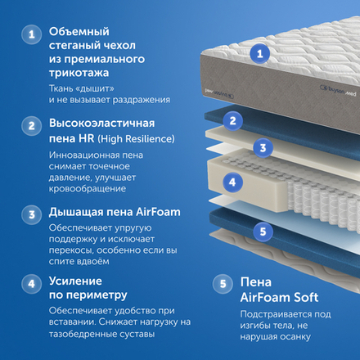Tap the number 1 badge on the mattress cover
(x=260, y=53)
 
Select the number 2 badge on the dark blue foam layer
(x=233, y=122)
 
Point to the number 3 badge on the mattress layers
(x=261, y=148)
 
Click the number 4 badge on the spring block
(x=232, y=182)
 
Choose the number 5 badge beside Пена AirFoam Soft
(x=220, y=286)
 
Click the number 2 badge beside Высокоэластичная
(x=31, y=126)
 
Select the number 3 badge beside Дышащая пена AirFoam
(x=31, y=214)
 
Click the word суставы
(x=129, y=334)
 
